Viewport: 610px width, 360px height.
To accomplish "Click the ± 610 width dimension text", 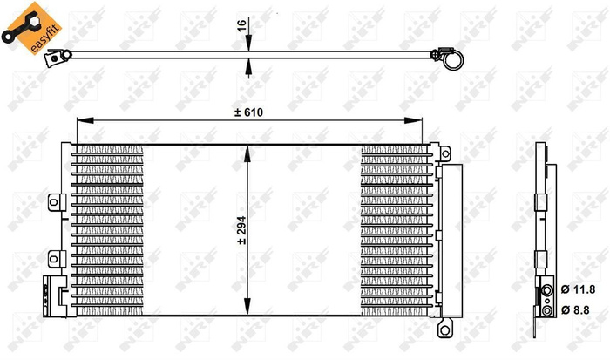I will (x=247, y=112).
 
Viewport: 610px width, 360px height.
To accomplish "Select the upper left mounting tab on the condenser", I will (x=55, y=202).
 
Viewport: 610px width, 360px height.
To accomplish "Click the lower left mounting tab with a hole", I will (x=54, y=257).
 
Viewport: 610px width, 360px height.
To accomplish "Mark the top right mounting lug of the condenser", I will (x=445, y=154).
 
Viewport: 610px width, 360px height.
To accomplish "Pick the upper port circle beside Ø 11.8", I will (x=546, y=289).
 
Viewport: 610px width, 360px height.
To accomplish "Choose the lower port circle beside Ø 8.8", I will (x=546, y=308).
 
